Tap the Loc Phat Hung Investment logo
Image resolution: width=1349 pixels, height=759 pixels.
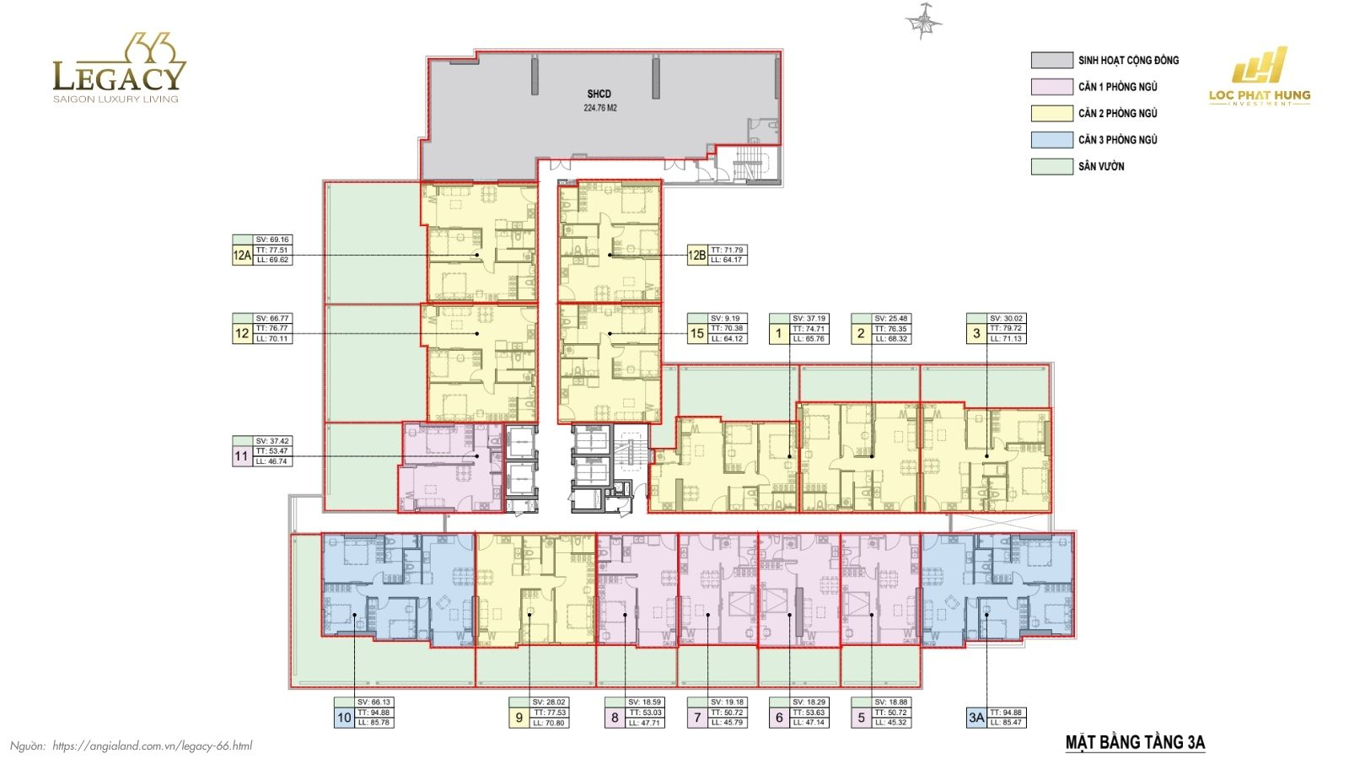coord(1260,77)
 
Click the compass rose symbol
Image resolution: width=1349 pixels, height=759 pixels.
coord(924,22)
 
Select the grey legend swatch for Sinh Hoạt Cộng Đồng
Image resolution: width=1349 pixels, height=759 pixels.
coord(1051,60)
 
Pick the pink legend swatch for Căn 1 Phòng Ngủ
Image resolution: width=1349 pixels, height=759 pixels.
coord(1051,87)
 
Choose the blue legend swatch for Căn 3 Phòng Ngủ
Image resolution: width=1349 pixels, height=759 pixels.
coord(1051,140)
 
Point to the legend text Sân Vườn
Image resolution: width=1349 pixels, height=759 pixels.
coord(1101,167)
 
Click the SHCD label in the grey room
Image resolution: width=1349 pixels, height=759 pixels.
coord(599,94)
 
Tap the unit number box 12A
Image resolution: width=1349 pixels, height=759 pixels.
coord(242,255)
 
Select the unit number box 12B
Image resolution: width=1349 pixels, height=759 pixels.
coord(697,255)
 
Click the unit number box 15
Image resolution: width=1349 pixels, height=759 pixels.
coord(697,333)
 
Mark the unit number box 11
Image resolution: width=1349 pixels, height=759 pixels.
coord(242,456)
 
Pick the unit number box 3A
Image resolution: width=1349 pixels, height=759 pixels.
coord(976,718)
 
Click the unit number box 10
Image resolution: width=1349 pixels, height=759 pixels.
coord(344,718)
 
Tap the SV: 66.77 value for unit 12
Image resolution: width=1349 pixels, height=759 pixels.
coord(273,319)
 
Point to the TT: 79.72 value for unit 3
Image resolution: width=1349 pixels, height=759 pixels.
coord(1006,329)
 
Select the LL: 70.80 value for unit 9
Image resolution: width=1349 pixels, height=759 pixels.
coord(549,723)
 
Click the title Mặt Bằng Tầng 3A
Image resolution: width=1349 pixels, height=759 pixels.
coord(1135,743)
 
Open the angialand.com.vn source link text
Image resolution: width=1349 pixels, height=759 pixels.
coord(152,746)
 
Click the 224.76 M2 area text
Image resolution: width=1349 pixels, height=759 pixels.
coord(600,108)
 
